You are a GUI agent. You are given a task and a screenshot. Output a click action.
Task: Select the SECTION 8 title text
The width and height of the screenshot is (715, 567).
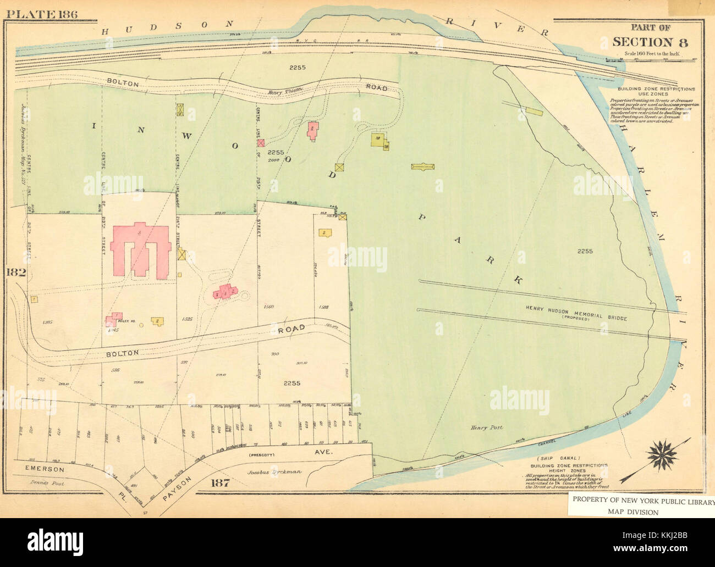tap(650, 42)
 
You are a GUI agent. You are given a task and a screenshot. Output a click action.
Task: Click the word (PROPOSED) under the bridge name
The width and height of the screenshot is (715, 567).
tap(575, 318)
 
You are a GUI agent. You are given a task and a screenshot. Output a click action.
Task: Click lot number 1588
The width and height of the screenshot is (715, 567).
tap(323, 307)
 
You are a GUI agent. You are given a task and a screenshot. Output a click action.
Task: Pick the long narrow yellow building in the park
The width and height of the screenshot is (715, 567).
tap(423, 166)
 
